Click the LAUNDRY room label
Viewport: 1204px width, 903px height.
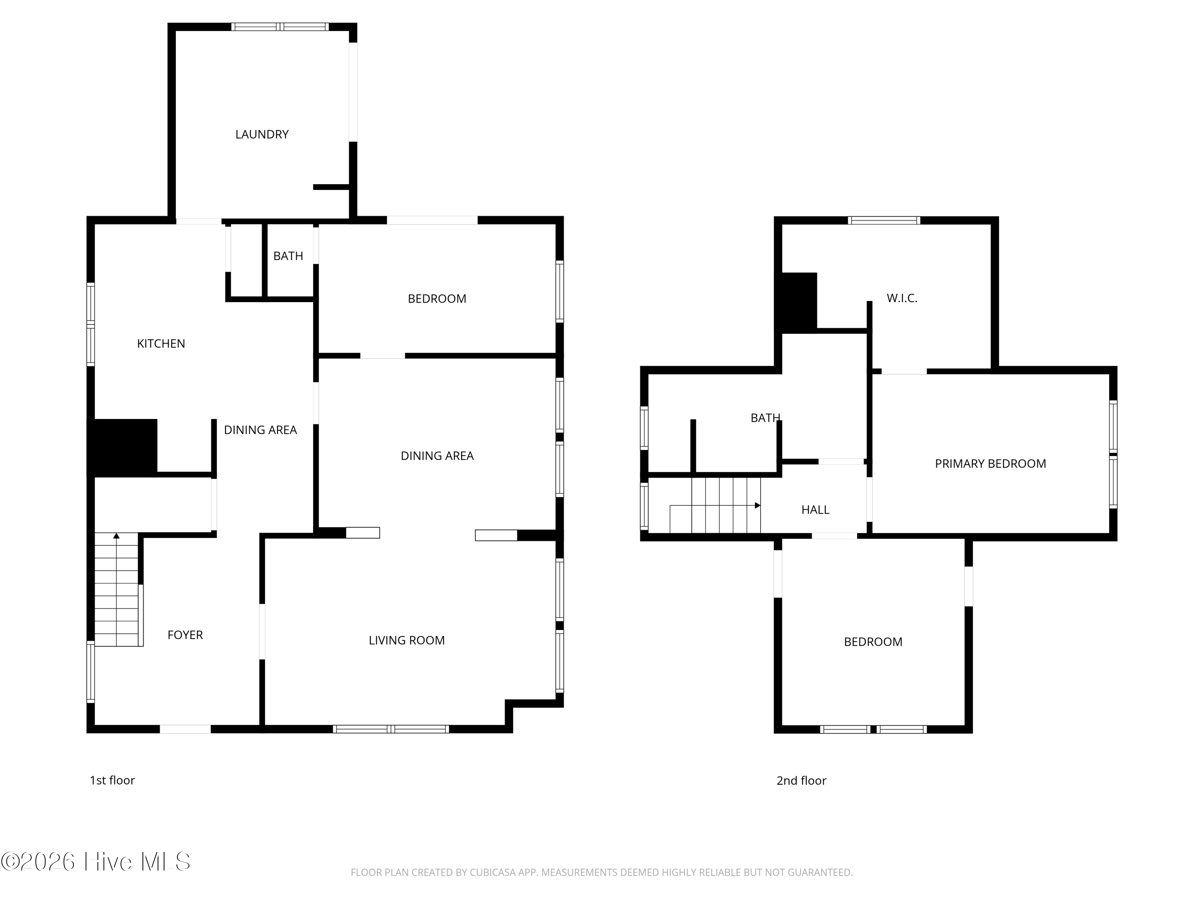point(262,134)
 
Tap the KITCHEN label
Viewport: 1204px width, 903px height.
point(161,344)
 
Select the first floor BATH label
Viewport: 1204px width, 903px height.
point(288,256)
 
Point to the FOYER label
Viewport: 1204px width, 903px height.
point(185,635)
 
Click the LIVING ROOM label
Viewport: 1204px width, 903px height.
point(407,640)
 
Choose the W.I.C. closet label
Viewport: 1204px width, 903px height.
point(902,298)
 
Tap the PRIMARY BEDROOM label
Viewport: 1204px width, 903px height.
point(990,464)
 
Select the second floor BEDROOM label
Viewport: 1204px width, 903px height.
point(873,642)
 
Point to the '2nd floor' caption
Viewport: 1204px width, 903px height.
point(801,781)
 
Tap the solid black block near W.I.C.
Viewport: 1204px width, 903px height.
point(799,302)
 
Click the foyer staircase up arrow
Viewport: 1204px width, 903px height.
point(116,536)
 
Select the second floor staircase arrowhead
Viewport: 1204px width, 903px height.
point(757,506)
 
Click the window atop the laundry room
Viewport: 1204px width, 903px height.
point(280,26)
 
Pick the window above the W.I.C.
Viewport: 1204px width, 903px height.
point(884,220)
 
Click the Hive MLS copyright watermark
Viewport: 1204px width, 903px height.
point(96,862)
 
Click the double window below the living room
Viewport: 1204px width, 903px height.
point(391,729)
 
